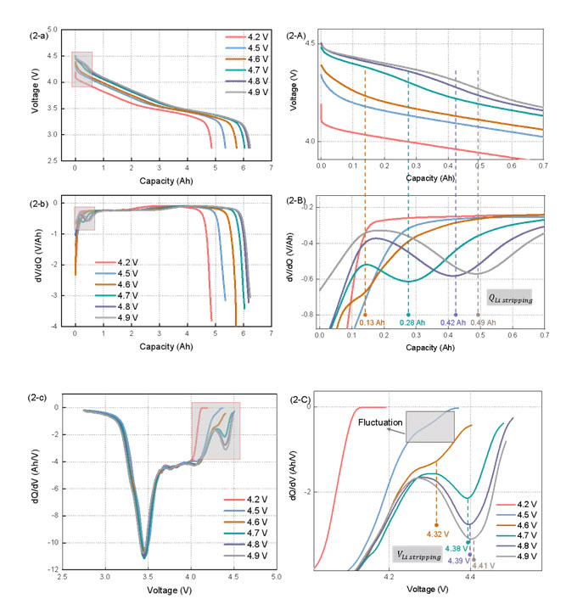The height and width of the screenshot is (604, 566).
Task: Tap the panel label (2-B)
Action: pos(300,201)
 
